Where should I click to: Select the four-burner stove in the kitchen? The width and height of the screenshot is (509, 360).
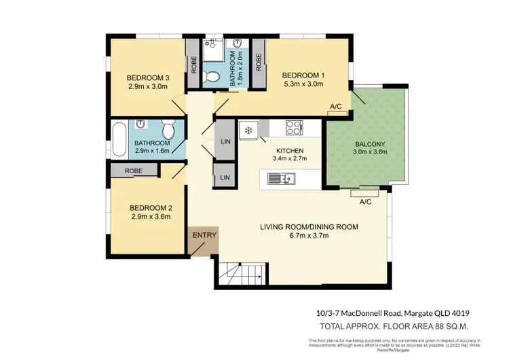coord(295,126)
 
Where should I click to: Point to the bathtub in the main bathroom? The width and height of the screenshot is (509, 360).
coord(120,139)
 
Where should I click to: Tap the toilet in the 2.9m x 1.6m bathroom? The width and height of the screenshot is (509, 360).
coord(169,128)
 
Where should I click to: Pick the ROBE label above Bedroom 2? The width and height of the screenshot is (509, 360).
coord(132,171)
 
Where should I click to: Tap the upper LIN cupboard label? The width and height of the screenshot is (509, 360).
coord(225,142)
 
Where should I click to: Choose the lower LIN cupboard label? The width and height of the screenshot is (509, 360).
coord(225,177)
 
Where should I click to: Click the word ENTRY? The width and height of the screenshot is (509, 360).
coord(204,236)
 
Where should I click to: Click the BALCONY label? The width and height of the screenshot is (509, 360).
coord(370,144)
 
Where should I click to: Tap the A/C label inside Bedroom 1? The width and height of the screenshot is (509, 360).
coord(335,107)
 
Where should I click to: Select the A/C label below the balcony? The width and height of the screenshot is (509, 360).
coord(365,202)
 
